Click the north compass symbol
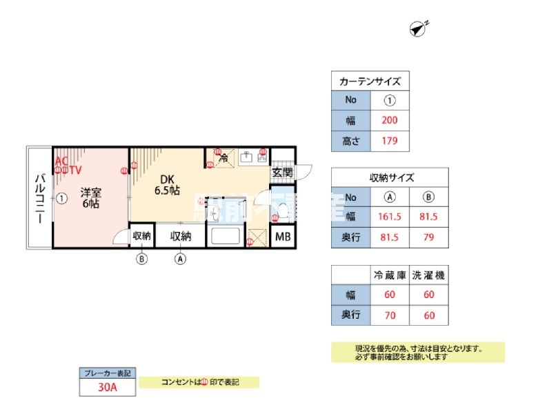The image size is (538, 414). [x=417, y=28]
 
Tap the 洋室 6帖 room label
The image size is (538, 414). [x=90, y=198]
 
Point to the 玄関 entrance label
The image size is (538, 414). [x=282, y=172]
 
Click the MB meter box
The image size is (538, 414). [x=283, y=236]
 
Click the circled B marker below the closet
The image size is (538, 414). [x=142, y=259]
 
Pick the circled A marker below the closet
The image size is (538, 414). [x=181, y=259]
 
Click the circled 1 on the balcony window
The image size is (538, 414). [x=61, y=199]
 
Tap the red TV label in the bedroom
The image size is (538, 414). [x=75, y=169]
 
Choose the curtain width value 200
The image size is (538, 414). [x=389, y=121]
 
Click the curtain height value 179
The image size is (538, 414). [x=389, y=143]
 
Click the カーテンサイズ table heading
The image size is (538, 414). [x=370, y=81]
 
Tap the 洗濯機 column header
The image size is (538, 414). [x=429, y=275]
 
